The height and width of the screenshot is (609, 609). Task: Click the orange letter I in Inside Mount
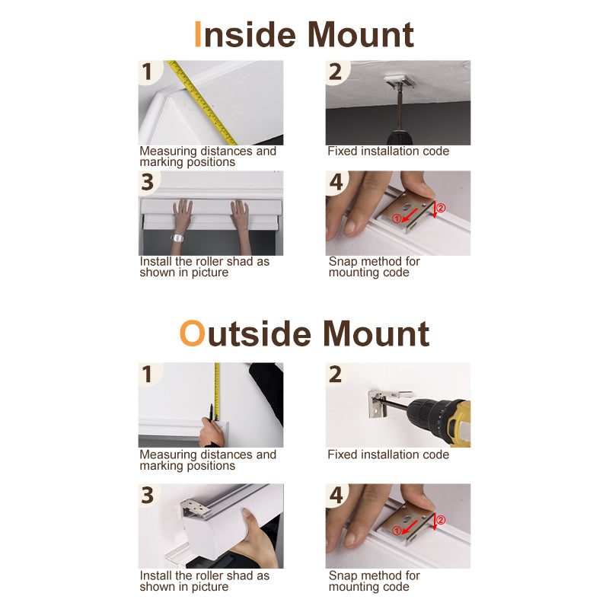pos(198,34)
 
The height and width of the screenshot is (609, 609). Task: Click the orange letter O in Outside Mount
pos(193,333)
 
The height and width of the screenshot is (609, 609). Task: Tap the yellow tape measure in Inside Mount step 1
pos(202,102)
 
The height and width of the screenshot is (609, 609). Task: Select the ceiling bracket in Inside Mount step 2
pos(399,81)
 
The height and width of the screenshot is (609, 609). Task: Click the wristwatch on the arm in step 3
pos(177,238)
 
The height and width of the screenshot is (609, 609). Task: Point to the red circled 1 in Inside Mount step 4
pos(396,218)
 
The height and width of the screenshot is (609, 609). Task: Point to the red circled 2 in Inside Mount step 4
pos(441,208)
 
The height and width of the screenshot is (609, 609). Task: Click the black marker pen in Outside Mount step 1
pos(211,413)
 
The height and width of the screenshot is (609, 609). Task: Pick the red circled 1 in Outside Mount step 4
pos(396,531)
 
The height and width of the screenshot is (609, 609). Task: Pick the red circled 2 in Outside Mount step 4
pos(441,520)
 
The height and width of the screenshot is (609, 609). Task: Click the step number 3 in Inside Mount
pos(148,182)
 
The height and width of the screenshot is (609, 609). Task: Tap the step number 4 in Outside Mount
pos(336,495)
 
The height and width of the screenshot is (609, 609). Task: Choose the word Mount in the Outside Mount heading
pos(376,333)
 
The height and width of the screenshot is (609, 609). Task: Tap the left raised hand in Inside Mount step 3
pos(183,214)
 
